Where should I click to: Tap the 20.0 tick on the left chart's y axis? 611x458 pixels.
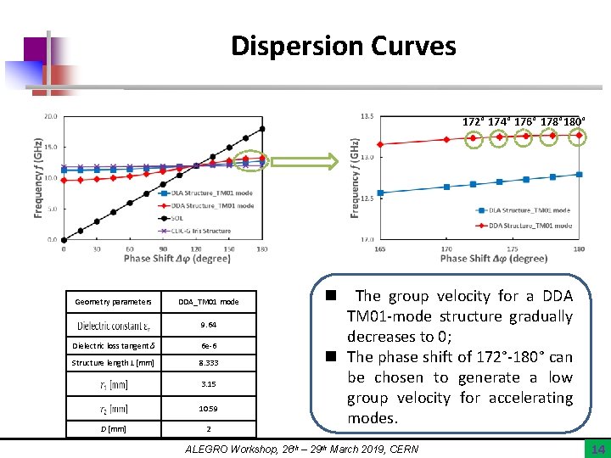point(51,116)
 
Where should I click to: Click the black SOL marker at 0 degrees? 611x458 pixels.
point(64,239)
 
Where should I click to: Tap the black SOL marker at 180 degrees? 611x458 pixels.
point(262,129)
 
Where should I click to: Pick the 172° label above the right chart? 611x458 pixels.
point(474,121)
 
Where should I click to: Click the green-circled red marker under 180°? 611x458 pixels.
point(578,135)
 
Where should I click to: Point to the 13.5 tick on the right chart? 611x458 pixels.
point(367,116)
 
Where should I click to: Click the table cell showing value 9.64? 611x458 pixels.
point(208,324)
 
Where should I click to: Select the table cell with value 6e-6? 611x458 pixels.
point(208,345)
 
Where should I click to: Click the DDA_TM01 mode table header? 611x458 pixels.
point(208,301)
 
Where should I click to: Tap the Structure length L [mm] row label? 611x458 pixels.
point(114,363)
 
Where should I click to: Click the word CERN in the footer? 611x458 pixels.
point(402,449)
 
